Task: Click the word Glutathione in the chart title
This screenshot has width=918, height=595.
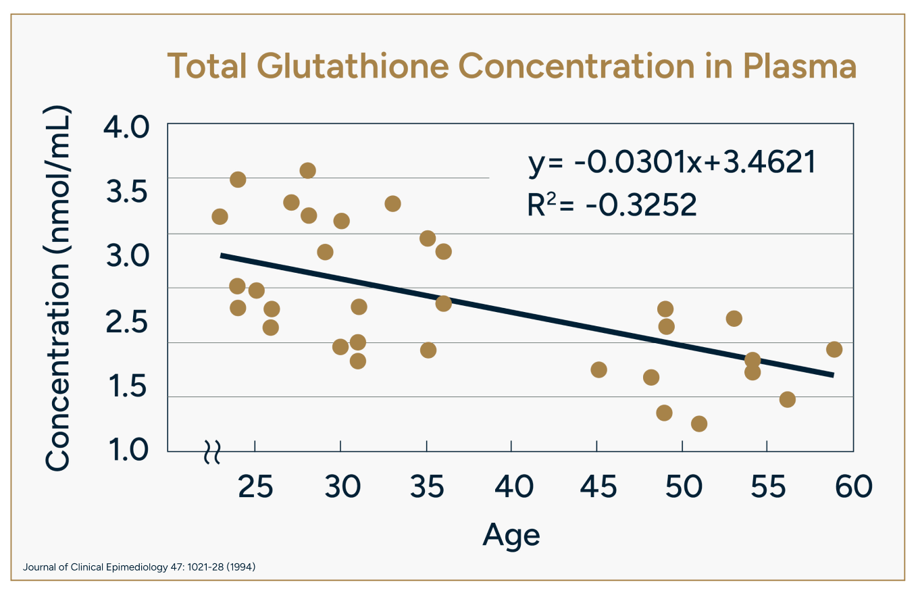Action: [x=353, y=66]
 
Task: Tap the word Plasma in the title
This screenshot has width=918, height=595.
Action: [x=800, y=66]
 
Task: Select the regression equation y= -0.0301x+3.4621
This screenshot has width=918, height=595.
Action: [x=671, y=163]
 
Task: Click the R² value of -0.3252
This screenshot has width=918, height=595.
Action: [x=612, y=204]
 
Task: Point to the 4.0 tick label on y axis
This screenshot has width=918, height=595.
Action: [x=126, y=127]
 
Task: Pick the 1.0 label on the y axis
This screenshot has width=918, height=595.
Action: [x=128, y=450]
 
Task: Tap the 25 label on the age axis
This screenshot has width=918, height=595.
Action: [x=255, y=486]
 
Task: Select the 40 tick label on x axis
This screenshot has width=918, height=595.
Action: [x=514, y=486]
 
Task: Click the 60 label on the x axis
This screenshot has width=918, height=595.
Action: [x=854, y=486]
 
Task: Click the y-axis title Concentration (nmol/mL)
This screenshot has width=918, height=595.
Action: [x=58, y=288]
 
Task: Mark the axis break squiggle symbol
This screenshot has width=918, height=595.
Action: [x=212, y=452]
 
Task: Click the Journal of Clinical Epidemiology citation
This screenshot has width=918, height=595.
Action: [x=139, y=567]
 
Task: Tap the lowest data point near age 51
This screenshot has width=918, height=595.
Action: [x=699, y=423]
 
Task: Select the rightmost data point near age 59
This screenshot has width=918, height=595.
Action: [x=834, y=350]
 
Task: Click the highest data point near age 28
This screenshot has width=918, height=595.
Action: [x=308, y=170]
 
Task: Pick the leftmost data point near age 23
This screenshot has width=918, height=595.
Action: [x=220, y=216]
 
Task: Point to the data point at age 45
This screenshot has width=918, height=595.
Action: [x=598, y=369]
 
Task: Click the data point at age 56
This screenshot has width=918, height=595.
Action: [x=788, y=399]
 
